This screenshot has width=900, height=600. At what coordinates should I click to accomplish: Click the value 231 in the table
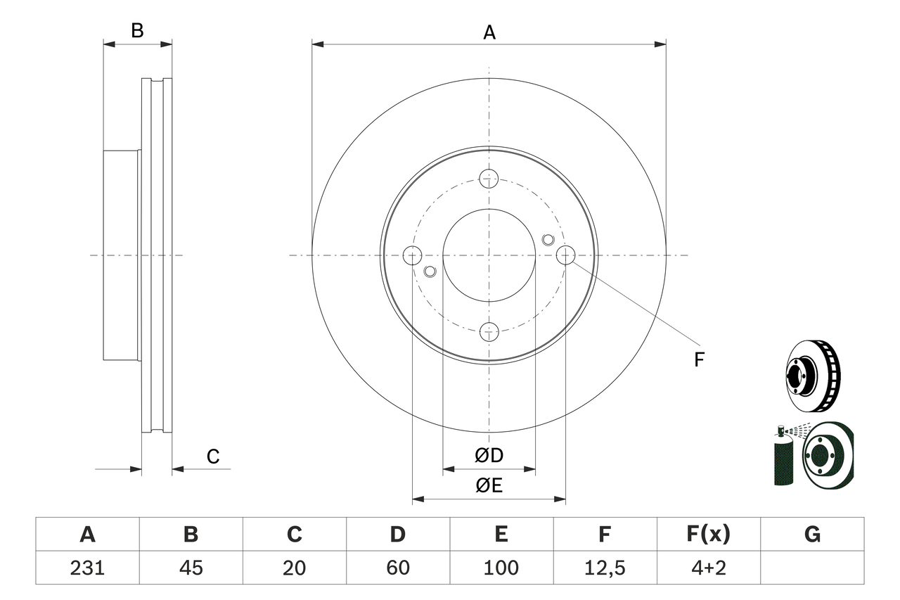[x=87, y=568]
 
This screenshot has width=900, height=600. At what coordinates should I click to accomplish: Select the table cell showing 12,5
[x=605, y=568]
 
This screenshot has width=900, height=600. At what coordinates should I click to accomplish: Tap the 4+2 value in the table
[x=708, y=568]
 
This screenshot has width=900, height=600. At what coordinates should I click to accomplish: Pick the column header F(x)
[x=708, y=535]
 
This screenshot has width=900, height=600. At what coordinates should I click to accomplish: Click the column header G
[x=812, y=535]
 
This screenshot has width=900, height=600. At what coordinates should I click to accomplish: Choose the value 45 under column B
[x=191, y=568]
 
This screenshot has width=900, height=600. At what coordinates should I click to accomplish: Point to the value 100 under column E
[x=501, y=568]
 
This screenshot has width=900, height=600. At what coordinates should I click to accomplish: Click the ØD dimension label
[x=489, y=456]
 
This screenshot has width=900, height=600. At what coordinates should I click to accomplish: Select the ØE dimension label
[x=489, y=486]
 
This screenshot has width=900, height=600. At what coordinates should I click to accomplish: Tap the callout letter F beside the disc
[x=698, y=360]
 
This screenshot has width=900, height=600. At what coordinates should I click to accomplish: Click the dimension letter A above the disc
[x=489, y=32]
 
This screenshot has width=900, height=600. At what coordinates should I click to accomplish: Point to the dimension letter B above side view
[x=138, y=30]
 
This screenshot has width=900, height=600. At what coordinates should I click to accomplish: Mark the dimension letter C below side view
[x=213, y=457]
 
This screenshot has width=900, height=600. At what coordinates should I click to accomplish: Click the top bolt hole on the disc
[x=489, y=178]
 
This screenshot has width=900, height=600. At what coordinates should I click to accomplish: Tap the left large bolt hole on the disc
[x=412, y=255]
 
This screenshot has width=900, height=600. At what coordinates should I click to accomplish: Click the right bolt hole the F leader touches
[x=565, y=255]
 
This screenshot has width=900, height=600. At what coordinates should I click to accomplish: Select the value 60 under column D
[x=398, y=568]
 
